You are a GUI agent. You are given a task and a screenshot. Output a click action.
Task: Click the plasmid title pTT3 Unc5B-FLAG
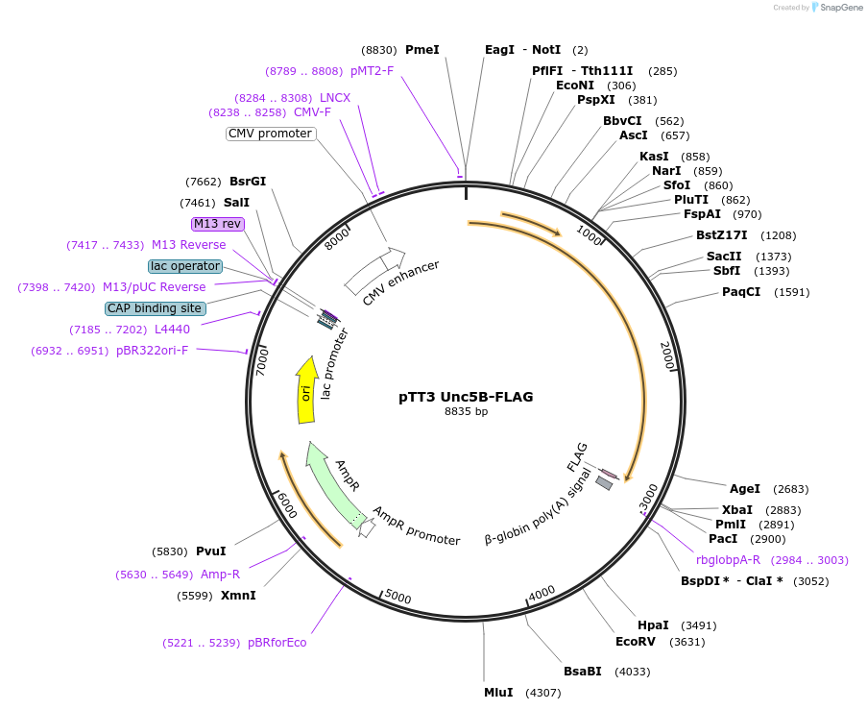tap(466, 396)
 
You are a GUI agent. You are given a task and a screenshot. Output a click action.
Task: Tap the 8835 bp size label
tap(466, 411)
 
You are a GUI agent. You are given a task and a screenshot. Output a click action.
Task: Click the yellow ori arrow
tap(307, 390)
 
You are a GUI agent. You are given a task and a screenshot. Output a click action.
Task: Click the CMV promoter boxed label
tap(270, 134)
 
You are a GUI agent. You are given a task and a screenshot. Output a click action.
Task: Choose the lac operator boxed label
tap(185, 266)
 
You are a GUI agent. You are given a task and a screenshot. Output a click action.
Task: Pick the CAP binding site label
tap(155, 308)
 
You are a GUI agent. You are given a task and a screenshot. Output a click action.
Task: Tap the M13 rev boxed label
tap(217, 224)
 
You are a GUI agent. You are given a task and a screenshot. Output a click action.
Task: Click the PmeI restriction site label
tap(422, 50)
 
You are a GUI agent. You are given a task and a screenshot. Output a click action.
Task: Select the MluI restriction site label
tap(498, 692)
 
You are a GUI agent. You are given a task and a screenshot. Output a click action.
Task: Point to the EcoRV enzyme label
tap(635, 642)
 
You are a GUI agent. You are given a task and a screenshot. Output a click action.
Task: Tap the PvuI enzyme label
tap(210, 551)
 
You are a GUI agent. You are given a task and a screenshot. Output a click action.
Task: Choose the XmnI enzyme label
tap(237, 596)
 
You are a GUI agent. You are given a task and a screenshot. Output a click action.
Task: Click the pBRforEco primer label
tap(277, 643)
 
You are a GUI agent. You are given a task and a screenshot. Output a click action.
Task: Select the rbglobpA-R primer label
tap(728, 560)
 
